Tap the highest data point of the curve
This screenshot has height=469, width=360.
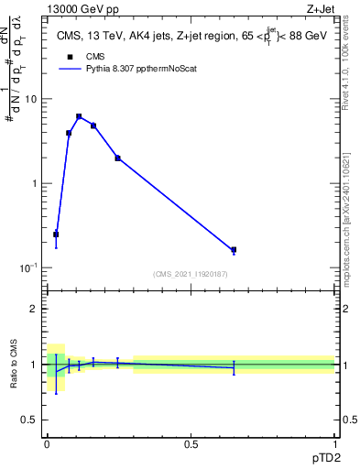coord(79,116)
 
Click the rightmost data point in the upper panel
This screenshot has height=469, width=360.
coord(234,249)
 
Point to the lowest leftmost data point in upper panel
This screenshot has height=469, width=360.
coord(56,234)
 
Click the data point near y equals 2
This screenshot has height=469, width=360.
coord(117,158)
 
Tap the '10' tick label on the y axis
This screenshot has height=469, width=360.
coord(30,99)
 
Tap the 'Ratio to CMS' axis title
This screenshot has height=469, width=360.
coord(14,365)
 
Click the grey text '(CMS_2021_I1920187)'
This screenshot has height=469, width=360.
coord(190,274)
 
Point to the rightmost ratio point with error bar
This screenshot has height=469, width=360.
coord(234,367)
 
